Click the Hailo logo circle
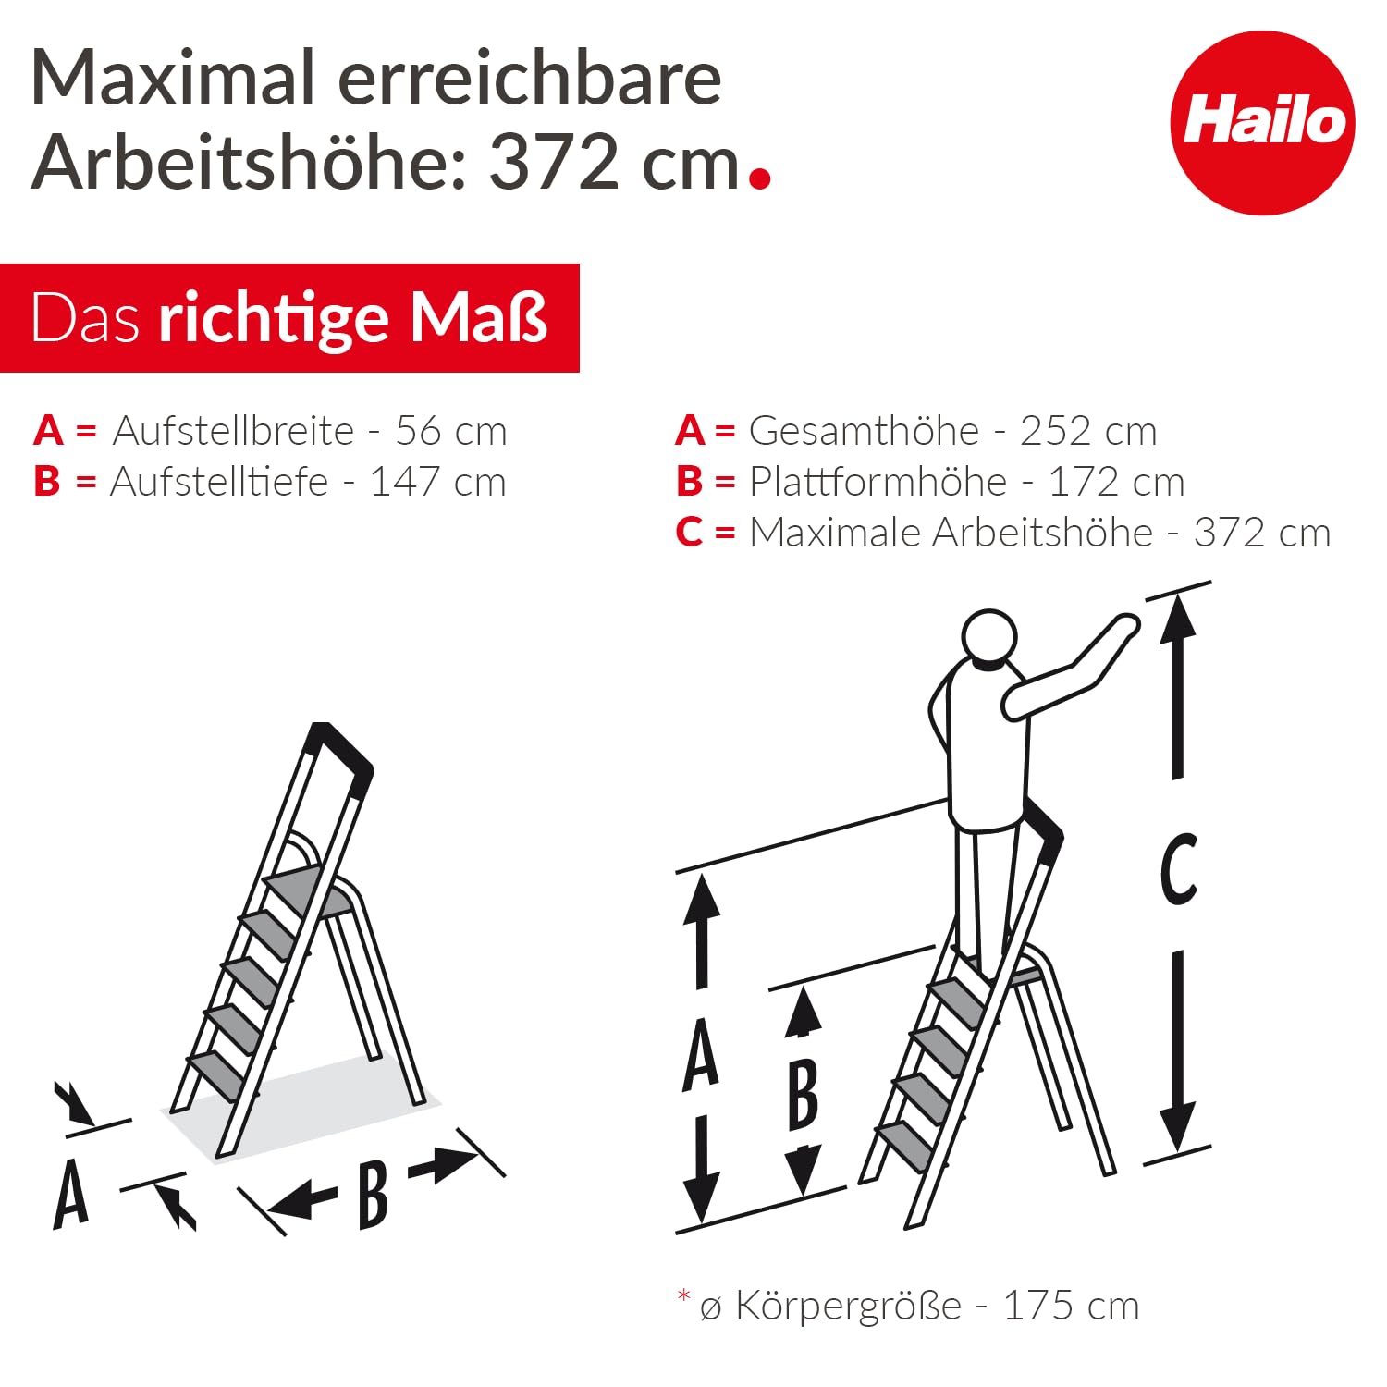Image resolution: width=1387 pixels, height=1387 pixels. tap(1262, 123)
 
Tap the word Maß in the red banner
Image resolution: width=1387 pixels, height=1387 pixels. tap(479, 318)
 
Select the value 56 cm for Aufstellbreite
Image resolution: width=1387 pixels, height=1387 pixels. tap(451, 431)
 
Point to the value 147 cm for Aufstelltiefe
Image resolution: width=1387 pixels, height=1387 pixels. tap(437, 482)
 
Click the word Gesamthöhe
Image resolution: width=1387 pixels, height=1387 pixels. tap(864, 431)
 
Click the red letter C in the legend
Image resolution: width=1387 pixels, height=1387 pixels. tap(690, 533)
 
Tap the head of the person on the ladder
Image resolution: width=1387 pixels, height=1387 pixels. tap(989, 637)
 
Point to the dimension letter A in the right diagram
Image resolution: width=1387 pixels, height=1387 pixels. tap(701, 1054)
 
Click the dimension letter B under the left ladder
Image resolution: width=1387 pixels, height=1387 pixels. tap(373, 1195)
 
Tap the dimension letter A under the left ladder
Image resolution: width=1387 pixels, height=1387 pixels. tap(71, 1195)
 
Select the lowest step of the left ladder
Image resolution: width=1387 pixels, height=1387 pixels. tap(215, 1073)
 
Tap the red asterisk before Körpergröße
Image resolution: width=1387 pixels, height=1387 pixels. tap(684, 1296)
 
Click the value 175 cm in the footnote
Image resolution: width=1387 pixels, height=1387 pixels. tap(1071, 1307)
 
